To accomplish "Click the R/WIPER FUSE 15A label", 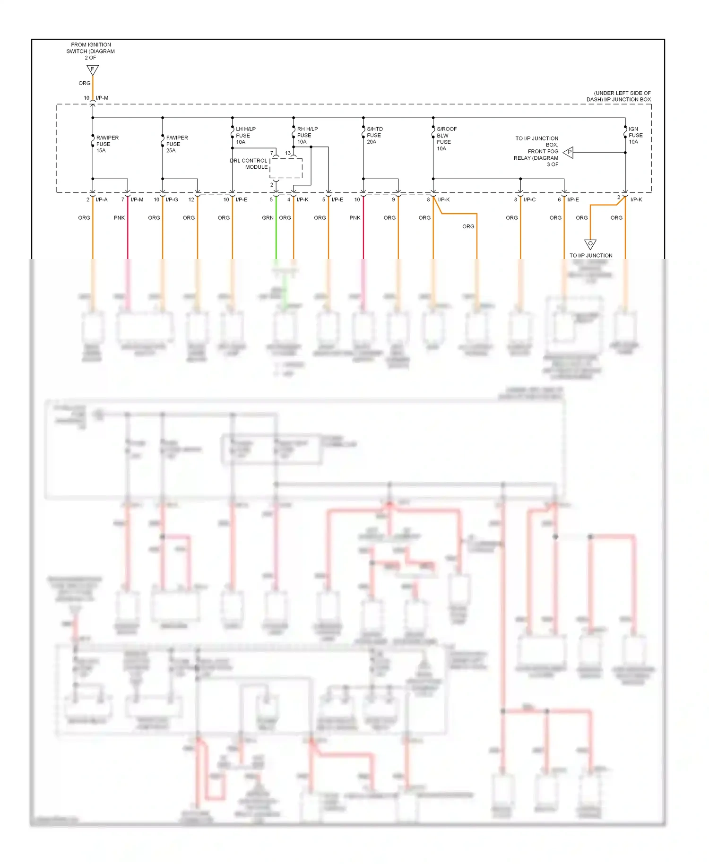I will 107,144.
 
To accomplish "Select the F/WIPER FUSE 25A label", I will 176,144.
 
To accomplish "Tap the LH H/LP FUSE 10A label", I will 245,135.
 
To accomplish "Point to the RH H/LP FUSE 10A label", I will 307,135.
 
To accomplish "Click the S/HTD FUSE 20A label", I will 374,135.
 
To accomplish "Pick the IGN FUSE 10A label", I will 635,135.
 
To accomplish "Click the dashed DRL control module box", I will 286,168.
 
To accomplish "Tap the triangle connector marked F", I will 93,70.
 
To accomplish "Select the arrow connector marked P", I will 569,152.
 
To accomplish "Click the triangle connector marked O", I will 590,244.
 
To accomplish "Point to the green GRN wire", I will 276,236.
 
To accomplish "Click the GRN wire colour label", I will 268,218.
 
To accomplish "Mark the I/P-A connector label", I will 102,199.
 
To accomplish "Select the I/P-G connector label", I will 172,199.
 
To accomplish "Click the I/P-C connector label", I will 529,199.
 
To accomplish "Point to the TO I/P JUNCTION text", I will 590,255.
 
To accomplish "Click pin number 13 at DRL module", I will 287,153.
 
